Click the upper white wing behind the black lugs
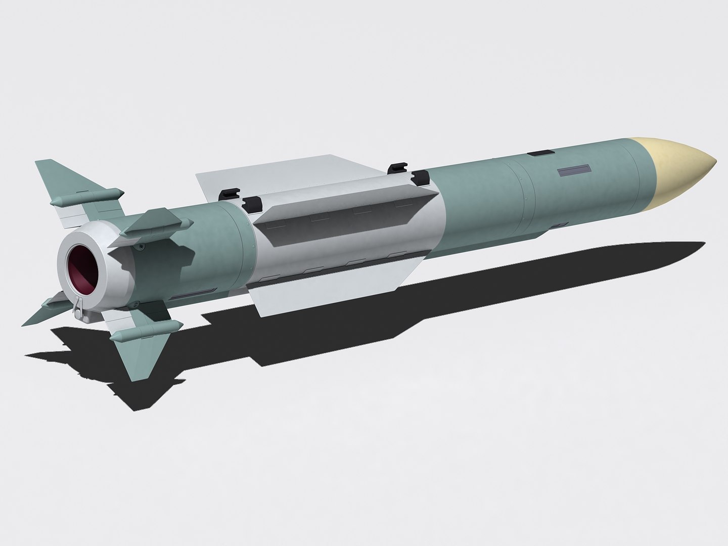(283, 172)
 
